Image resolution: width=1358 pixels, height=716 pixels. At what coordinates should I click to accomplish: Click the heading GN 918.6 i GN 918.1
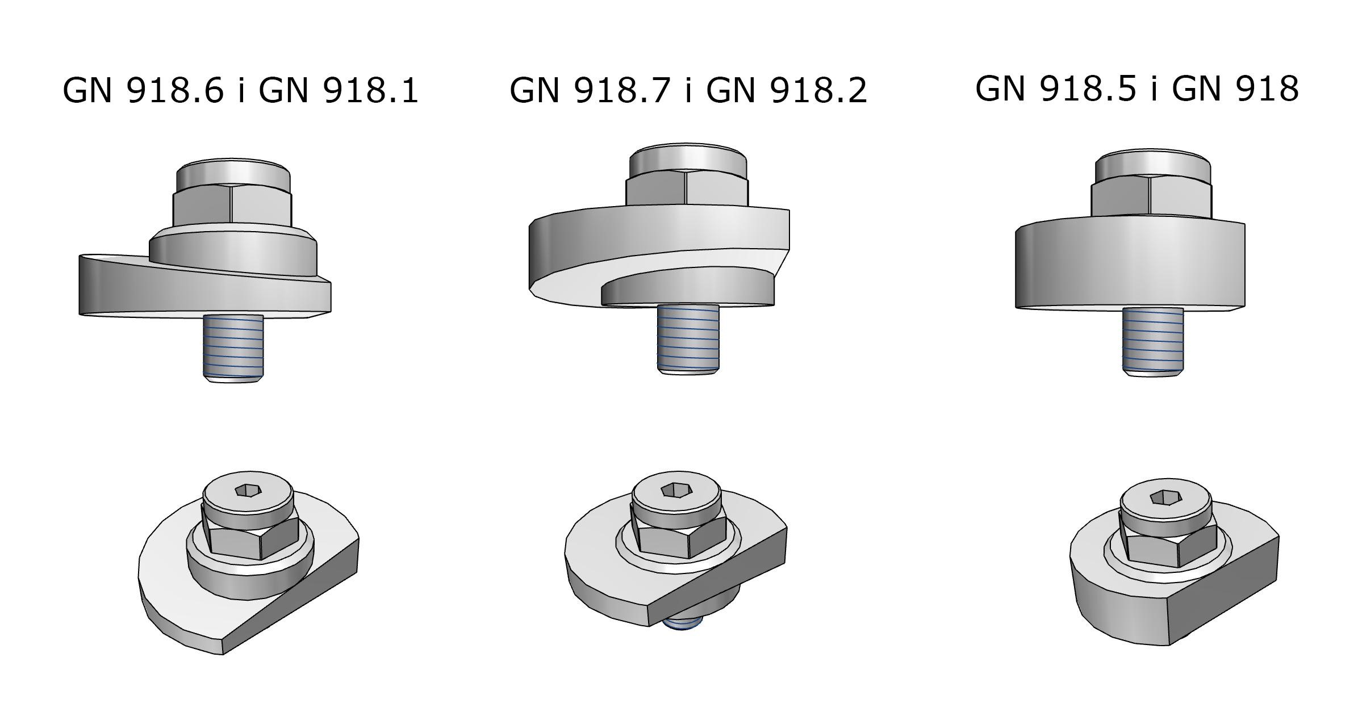240,90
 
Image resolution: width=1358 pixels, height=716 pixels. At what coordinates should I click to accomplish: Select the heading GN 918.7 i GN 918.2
688,90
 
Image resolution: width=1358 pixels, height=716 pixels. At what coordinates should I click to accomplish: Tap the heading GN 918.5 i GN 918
1137,89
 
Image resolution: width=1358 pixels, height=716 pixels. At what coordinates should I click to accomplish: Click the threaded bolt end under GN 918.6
233,348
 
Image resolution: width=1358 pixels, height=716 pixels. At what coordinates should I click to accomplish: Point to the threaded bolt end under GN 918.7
688,340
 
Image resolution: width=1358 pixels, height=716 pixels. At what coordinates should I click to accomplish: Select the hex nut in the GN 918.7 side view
687,191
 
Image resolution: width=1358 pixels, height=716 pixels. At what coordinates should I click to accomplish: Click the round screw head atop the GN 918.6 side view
233,175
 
